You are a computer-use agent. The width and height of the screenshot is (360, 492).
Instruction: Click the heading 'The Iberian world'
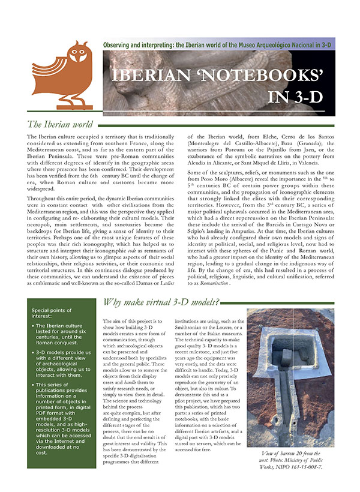point(60,125)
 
